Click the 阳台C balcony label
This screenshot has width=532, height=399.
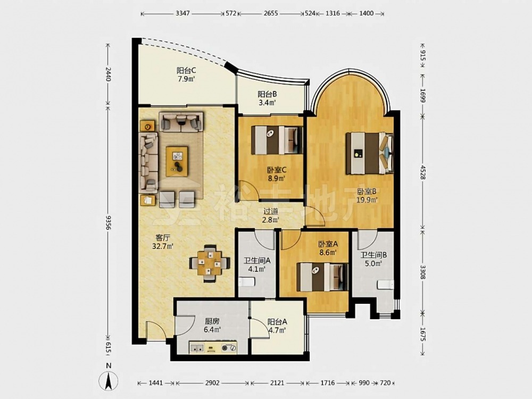(x=186, y=74)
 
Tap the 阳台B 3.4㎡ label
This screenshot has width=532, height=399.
(x=268, y=98)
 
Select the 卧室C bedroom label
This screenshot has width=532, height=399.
(x=277, y=174)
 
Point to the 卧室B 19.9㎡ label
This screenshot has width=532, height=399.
(x=367, y=196)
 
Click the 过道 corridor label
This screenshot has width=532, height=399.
(x=271, y=215)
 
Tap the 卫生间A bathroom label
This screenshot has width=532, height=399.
(x=257, y=265)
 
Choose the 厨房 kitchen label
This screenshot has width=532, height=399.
(x=212, y=325)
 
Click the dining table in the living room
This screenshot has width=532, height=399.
(x=210, y=263)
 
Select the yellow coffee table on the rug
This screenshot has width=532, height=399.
(x=177, y=162)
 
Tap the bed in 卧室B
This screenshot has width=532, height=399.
(x=370, y=153)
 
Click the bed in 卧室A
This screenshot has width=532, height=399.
(x=322, y=277)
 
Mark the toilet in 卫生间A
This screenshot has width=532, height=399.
(x=247, y=282)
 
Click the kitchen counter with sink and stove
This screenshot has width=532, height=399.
(x=213, y=347)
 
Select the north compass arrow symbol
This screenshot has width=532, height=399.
(x=109, y=381)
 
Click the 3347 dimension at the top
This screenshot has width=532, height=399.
(x=183, y=14)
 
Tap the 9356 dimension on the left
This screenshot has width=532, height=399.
(x=108, y=222)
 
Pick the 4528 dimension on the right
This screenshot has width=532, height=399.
(x=423, y=172)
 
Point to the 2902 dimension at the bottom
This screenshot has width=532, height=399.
(x=212, y=383)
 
